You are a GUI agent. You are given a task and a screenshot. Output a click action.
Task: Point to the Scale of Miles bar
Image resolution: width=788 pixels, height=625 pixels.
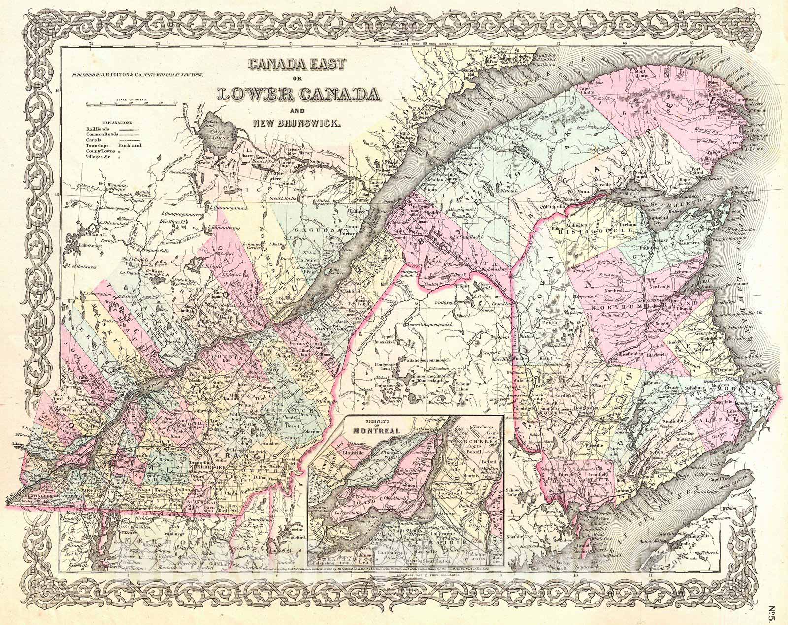[131, 104]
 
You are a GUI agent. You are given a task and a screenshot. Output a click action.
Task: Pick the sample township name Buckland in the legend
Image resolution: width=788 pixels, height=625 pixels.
[129, 146]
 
